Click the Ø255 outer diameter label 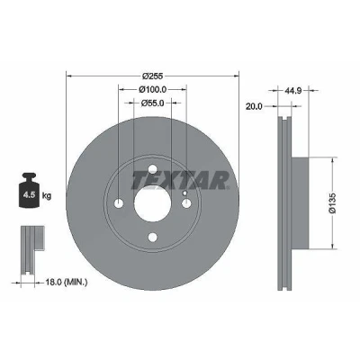click(152, 76)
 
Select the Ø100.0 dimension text click(152, 89)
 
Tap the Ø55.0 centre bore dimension click(152, 103)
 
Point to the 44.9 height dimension click(293, 90)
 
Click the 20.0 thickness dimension click(254, 106)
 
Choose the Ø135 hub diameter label click(333, 203)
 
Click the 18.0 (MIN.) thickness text click(67, 282)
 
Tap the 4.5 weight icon click(29, 190)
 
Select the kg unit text click(47, 196)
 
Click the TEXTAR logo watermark click(180, 180)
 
